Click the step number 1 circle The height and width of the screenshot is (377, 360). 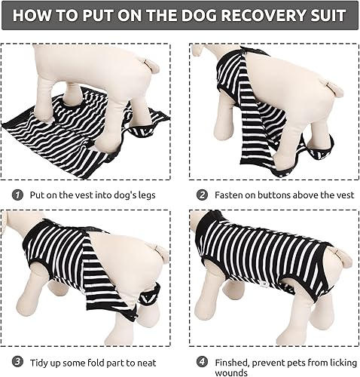17,195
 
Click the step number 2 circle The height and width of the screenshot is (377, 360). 202,195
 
